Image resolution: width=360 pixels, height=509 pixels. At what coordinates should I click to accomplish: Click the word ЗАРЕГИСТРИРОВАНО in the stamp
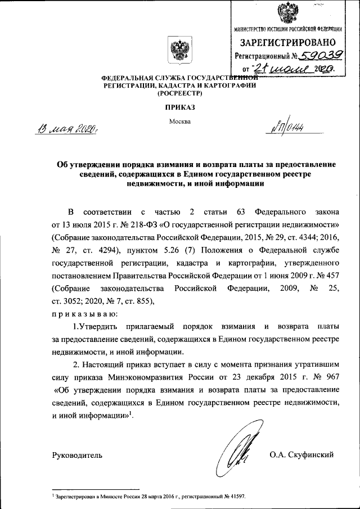pos(288,42)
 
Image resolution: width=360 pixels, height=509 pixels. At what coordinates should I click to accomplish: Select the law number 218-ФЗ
pos(136,224)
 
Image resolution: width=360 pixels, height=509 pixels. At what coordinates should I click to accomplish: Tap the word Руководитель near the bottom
pos(77,454)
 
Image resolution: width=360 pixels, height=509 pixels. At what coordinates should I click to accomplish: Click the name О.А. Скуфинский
pos(302,454)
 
